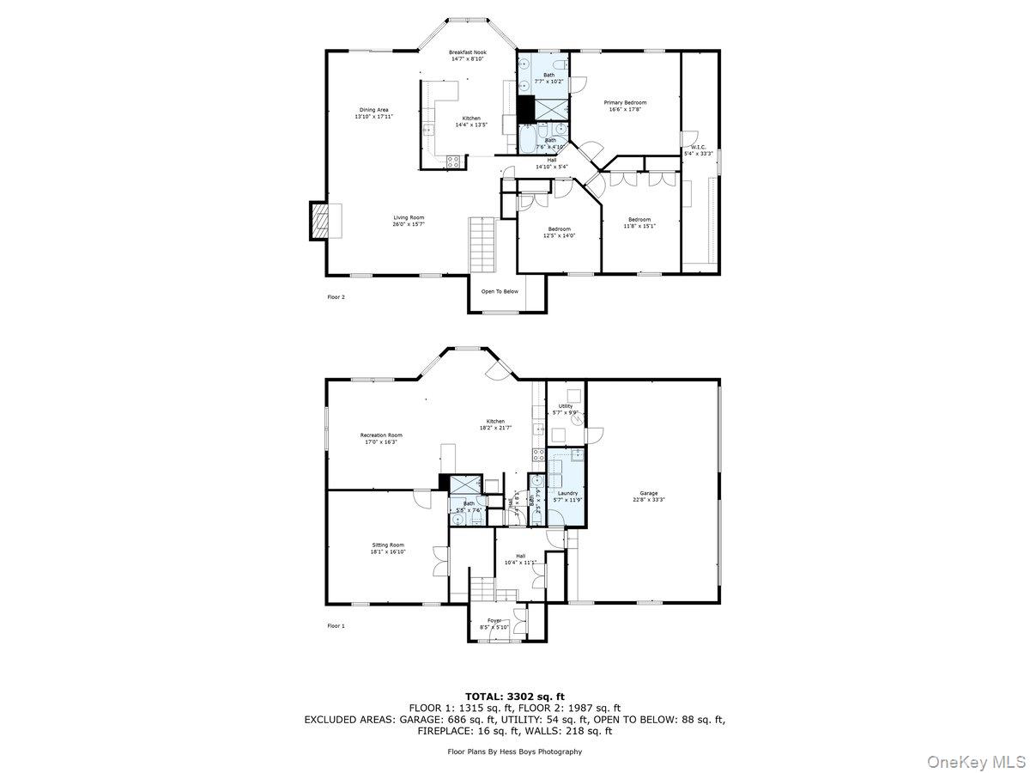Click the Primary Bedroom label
[x=625, y=102]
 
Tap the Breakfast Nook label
[x=467, y=52]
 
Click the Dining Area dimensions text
[x=373, y=116]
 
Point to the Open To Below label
[x=499, y=291]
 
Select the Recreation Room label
[x=380, y=435]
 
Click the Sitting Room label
[x=387, y=545]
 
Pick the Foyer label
[x=494, y=620]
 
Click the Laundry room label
[x=567, y=493]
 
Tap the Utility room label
[x=565, y=406]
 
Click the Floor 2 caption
[x=336, y=297]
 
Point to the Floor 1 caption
[x=336, y=626]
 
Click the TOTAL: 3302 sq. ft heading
[x=514, y=696]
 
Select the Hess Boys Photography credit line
[x=514, y=752]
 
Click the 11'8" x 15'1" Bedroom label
[x=639, y=219]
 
